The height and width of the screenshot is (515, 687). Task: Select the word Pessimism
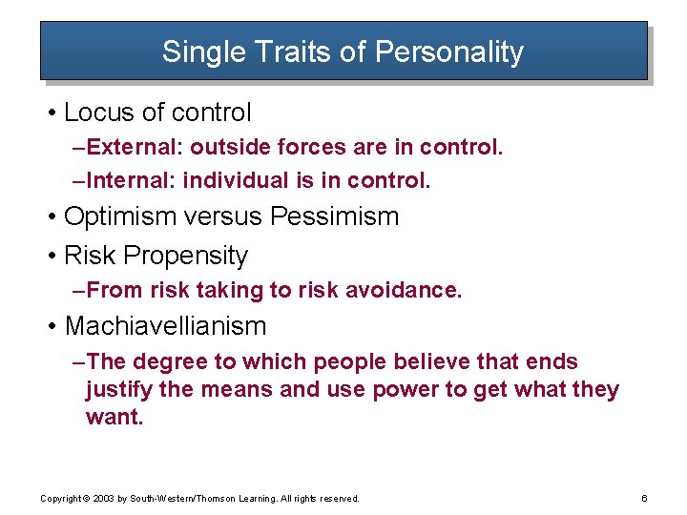(334, 216)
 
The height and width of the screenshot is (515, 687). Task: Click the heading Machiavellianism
(165, 326)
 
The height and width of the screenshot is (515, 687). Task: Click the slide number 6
(645, 498)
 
